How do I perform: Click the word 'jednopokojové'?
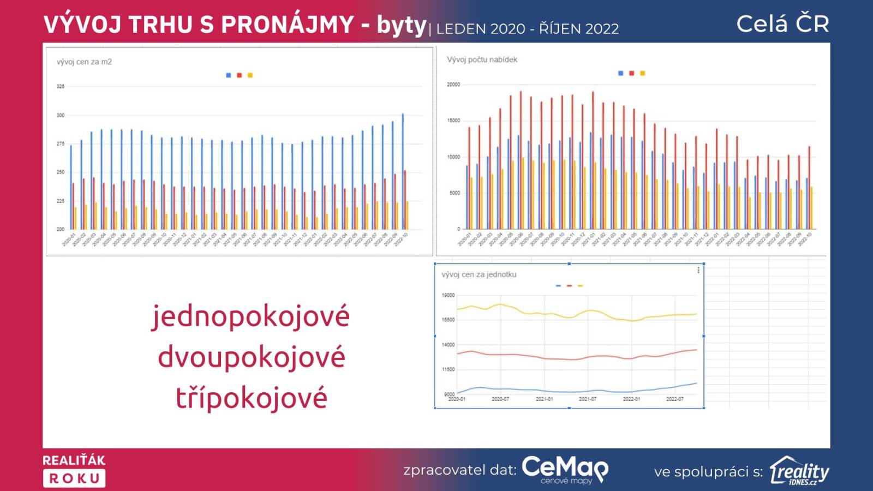coord(250,316)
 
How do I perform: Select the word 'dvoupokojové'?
coord(252,357)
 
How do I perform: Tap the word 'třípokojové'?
coord(252,398)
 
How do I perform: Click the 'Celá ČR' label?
coord(782,24)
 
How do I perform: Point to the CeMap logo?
coord(565,469)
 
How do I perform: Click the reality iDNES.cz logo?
coord(799,470)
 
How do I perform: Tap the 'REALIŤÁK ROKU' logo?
coord(74,470)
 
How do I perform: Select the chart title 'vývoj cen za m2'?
coord(84,62)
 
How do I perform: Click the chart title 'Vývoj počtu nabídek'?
coord(482,59)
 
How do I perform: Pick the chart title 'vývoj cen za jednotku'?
coord(479,274)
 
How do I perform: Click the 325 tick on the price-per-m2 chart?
coord(60,86)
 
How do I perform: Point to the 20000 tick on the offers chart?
coord(453,85)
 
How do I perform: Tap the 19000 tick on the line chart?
coord(448,295)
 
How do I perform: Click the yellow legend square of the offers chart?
coord(643,73)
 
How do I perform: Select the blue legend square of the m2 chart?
coord(229,75)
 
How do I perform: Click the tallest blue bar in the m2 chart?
coord(403,171)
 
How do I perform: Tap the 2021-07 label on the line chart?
coord(588,399)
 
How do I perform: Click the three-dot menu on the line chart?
coord(698,270)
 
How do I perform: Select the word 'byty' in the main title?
coord(402,25)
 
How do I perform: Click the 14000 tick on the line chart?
coord(448,345)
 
